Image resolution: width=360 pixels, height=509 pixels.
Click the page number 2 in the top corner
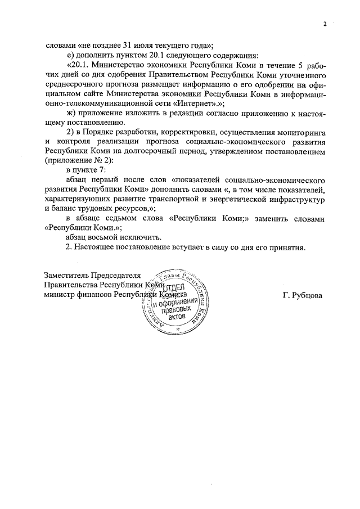tap(325, 24)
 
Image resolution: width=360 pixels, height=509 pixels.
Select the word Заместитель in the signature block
tap(66, 275)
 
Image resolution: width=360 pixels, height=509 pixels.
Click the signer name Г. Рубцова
tap(303, 295)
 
